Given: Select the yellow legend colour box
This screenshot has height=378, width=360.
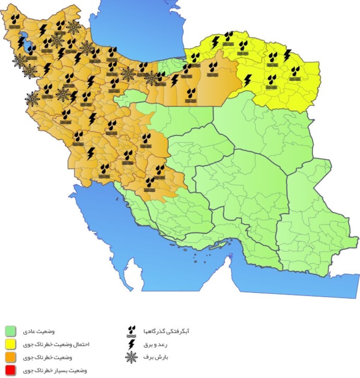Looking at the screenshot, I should pos(11,344).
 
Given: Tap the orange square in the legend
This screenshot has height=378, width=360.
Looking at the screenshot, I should pos(11,358).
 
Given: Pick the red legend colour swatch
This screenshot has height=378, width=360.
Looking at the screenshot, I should pos(11,371).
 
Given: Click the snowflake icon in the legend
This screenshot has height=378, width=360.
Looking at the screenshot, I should pos(131,357).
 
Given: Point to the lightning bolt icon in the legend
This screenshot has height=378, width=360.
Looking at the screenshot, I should pos(131,344).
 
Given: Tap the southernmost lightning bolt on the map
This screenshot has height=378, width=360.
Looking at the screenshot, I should pos(91,153).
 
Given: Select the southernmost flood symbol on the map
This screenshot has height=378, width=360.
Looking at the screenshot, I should pos(149,185).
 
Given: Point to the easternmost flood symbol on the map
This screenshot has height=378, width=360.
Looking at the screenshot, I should pos(295,74).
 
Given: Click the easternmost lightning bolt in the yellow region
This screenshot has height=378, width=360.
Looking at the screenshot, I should pos(287,55).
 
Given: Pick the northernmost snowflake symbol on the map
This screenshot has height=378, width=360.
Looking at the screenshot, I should pos(73,27).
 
